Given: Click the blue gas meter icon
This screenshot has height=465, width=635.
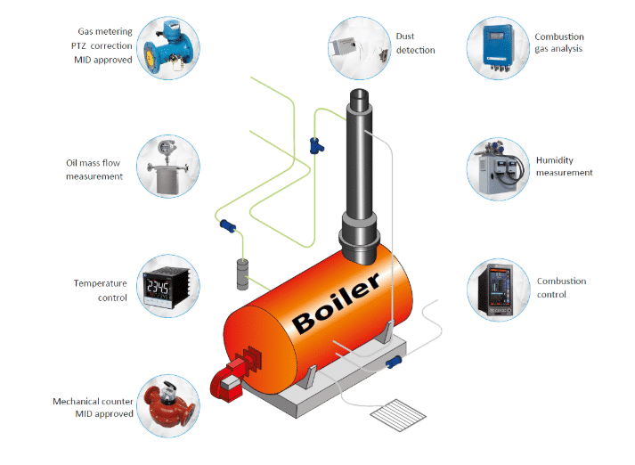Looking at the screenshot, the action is [x=167, y=48].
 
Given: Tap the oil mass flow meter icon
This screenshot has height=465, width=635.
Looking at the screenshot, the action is [x=167, y=167].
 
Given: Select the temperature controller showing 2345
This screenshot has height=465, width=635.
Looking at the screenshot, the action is [x=167, y=286].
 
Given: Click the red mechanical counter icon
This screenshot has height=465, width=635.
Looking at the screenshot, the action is [x=167, y=406].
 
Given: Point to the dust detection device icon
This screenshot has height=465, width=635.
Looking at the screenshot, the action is [x=360, y=49].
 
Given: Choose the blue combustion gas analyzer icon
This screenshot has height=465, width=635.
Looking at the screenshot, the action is [x=498, y=48].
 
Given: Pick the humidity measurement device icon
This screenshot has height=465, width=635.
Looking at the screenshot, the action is [x=499, y=167].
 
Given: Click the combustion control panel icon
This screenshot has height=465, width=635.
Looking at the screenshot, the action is [x=497, y=290].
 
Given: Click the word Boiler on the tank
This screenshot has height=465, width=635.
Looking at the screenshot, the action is [x=336, y=303].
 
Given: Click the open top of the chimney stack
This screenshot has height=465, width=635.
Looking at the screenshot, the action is [x=359, y=95].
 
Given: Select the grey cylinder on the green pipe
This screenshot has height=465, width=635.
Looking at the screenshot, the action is [x=242, y=274].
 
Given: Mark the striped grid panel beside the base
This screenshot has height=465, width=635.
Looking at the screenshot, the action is [x=398, y=415].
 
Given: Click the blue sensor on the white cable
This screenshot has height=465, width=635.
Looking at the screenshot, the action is [x=394, y=362].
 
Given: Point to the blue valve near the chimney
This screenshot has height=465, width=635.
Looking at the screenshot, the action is [x=316, y=146].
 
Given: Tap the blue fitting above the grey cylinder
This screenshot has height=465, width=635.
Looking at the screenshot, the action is [x=228, y=225].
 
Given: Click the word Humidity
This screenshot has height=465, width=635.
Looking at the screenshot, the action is [x=555, y=160].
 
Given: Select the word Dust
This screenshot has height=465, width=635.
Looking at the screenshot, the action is [x=405, y=36].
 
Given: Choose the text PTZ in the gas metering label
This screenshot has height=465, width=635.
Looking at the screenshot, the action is [x=78, y=45].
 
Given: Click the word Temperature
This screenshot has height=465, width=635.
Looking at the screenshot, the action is [x=100, y=283].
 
